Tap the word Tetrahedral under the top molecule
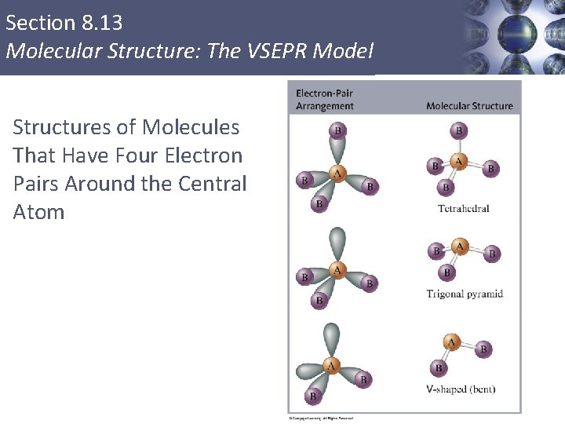tap(463, 208)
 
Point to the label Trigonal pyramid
tap(465, 294)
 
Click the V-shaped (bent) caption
tap(461, 389)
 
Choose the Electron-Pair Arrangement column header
tap(325, 100)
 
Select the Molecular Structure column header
tap(469, 106)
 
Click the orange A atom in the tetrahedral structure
tap(459, 161)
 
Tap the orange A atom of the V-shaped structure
tap(451, 342)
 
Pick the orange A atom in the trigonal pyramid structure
tap(459, 248)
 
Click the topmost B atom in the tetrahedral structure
tap(459, 130)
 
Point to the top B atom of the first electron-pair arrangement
tap(337, 130)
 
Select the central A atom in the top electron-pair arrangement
tap(337, 173)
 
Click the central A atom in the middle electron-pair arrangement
tap(337, 270)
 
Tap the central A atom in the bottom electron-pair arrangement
tap(331, 365)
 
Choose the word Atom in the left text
tap(38, 212)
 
